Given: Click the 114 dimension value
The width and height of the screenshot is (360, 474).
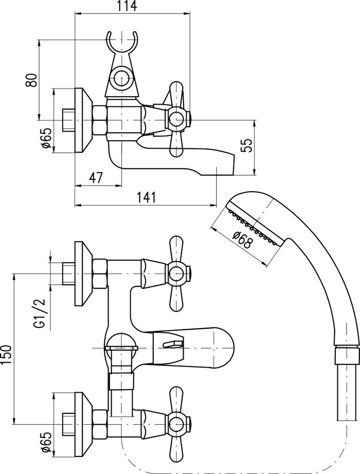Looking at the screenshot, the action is click(127, 6).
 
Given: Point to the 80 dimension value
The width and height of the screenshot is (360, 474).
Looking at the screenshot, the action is click(31, 80).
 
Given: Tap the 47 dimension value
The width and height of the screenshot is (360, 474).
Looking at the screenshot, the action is click(97, 177).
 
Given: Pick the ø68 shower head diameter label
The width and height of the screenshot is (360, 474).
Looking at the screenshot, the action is click(242, 240).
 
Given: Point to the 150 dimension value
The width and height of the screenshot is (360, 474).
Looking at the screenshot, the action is click(7, 354).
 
